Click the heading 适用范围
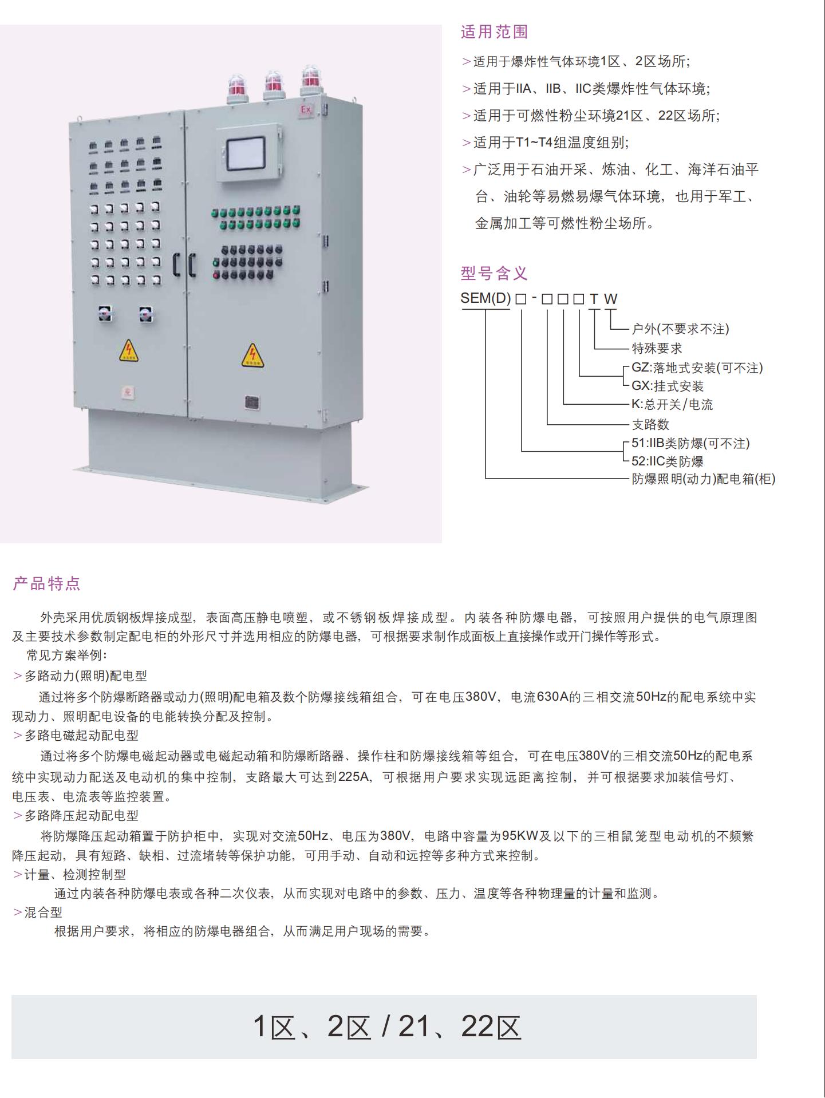tap(494, 32)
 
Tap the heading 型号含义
tap(494, 274)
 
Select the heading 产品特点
tap(47, 584)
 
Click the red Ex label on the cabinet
tap(306, 109)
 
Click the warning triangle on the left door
tap(129, 351)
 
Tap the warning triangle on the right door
tap(252, 356)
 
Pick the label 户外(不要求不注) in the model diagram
tap(680, 329)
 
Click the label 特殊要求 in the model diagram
tap(657, 348)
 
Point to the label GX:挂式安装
tap(667, 386)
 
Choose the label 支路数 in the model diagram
tap(650, 424)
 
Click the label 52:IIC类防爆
tap(667, 461)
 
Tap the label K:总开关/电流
tap(672, 405)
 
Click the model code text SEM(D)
tap(485, 298)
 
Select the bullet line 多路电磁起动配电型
tap(81, 736)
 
